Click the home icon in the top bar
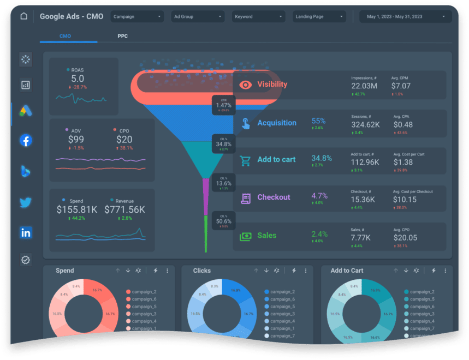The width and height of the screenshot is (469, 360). (23, 16)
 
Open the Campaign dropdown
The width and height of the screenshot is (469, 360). (137, 17)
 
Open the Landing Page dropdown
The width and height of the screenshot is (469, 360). (319, 17)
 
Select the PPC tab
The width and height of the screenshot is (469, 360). (123, 36)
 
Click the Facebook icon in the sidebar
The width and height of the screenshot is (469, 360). (26, 140)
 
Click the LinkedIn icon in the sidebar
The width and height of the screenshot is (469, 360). (26, 232)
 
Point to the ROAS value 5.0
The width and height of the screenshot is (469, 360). (78, 79)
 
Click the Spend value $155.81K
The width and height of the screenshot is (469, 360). (77, 209)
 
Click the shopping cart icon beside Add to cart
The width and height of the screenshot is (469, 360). (246, 160)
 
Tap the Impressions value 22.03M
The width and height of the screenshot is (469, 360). (364, 86)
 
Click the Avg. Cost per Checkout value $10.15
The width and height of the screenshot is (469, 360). (405, 200)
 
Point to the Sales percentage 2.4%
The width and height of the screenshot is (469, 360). (319, 235)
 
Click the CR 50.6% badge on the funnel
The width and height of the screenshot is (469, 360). (223, 221)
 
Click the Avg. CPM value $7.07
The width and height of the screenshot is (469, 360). (401, 86)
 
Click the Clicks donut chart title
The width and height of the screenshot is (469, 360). (202, 271)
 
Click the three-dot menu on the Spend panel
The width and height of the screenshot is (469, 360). (168, 271)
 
